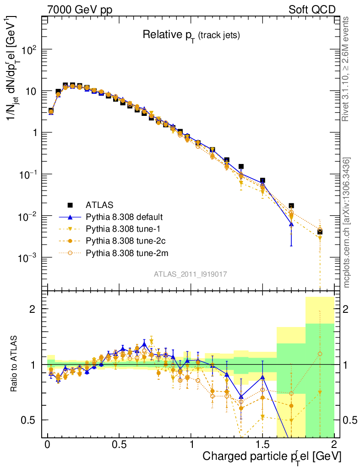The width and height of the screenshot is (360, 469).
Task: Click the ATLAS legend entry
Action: [x=99, y=204]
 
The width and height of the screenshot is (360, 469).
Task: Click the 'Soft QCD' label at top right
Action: [x=312, y=10]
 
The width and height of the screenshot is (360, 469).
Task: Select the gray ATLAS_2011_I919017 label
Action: [x=191, y=274]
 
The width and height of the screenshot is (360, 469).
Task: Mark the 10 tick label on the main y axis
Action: [x=31, y=91]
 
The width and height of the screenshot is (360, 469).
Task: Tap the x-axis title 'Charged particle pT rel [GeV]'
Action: [x=272, y=456]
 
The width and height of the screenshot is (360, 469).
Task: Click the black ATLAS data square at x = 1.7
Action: [x=291, y=206]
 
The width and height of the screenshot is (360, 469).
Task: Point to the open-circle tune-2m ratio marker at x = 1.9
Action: [x=320, y=354]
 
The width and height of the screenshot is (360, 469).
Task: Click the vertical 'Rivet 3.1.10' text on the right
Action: [x=346, y=69]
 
